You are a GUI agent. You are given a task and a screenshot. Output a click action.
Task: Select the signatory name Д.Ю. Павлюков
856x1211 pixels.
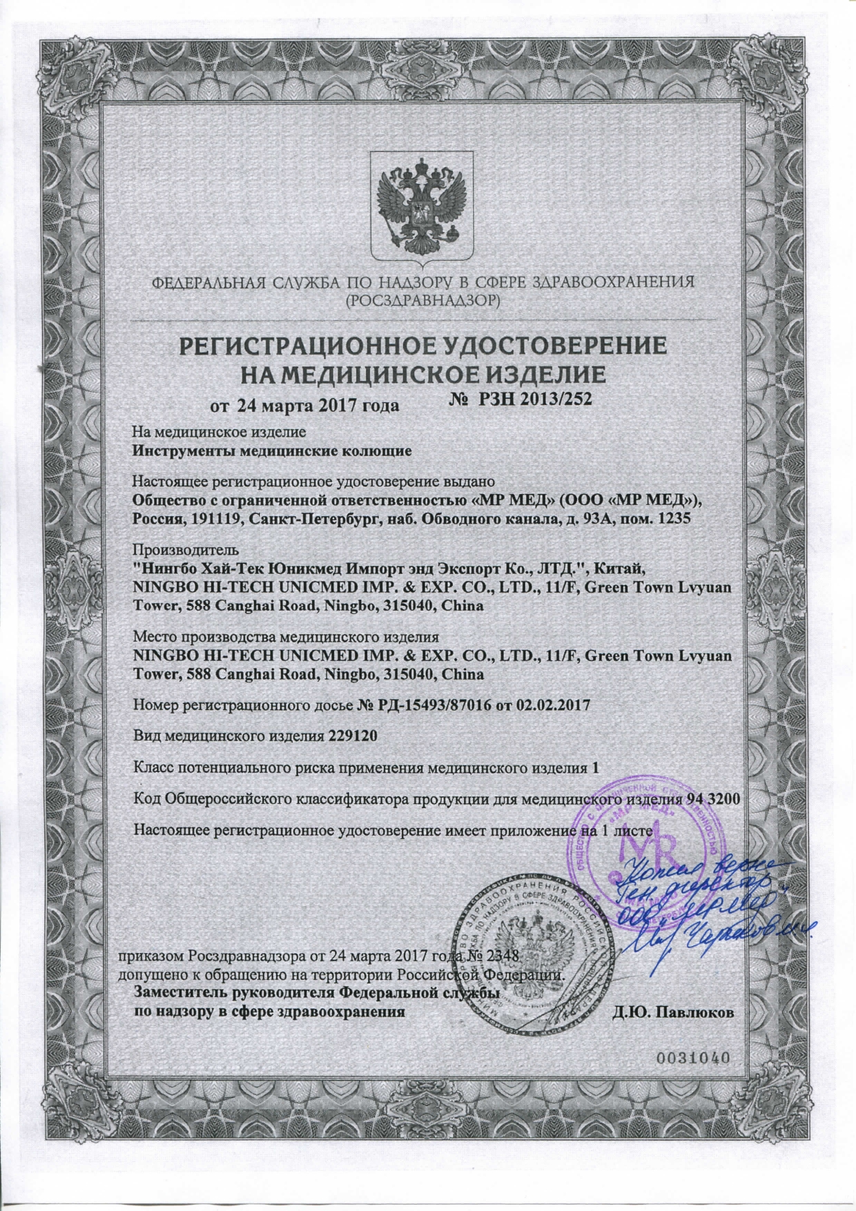click(x=673, y=1013)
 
